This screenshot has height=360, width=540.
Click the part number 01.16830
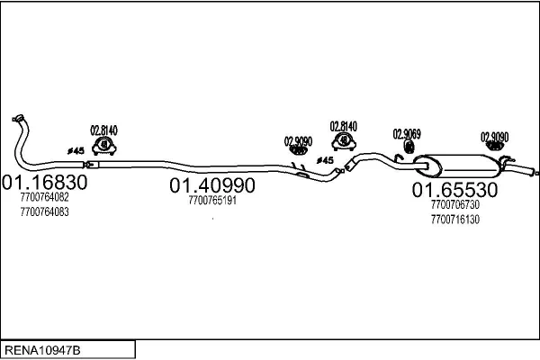(44, 182)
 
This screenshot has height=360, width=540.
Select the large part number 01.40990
(212, 185)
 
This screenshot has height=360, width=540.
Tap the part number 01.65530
(454, 190)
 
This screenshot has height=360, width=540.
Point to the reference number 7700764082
(44, 197)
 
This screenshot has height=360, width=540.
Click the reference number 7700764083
(44, 211)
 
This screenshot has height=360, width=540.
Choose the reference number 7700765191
(212, 200)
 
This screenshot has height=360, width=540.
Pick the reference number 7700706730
(454, 204)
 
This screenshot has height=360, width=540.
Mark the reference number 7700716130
(454, 220)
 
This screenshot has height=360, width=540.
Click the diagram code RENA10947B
(42, 350)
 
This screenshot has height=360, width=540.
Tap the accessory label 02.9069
(407, 134)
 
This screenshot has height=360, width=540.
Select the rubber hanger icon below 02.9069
(409, 147)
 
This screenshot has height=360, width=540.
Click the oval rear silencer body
(456, 166)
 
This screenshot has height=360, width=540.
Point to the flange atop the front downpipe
(18, 118)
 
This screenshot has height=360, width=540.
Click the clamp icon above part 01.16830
(104, 146)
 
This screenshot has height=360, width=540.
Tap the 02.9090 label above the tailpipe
(494, 137)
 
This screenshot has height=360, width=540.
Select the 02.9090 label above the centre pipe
(298, 141)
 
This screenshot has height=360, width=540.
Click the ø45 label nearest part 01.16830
(76, 150)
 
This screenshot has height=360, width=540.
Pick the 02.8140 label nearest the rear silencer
(344, 126)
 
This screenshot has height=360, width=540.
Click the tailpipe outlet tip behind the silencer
(536, 173)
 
